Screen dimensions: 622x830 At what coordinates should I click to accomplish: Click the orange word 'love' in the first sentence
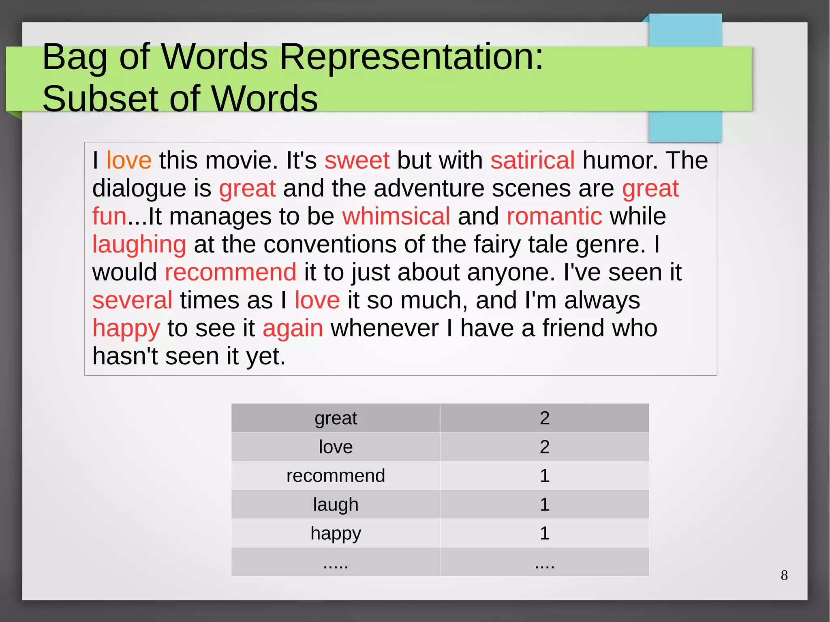pyautogui.click(x=129, y=160)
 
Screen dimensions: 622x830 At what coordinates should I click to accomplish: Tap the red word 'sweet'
pyautogui.click(x=357, y=160)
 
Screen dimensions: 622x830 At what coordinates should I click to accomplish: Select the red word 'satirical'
pyautogui.click(x=532, y=160)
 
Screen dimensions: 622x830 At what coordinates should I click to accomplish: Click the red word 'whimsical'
pyautogui.click(x=396, y=216)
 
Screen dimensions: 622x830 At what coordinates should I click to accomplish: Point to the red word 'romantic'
pyautogui.click(x=554, y=216)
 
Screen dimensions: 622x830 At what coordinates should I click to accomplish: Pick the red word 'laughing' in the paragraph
pyautogui.click(x=139, y=245)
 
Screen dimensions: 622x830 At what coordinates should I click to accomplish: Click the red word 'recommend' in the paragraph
pyautogui.click(x=230, y=272)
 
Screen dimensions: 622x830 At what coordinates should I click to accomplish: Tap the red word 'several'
pyautogui.click(x=132, y=300)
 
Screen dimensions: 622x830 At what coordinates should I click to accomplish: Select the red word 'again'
pyautogui.click(x=293, y=328)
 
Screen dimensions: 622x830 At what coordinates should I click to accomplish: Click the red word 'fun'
pyautogui.click(x=109, y=216)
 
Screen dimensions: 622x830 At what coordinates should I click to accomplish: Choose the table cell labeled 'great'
pyautogui.click(x=336, y=418)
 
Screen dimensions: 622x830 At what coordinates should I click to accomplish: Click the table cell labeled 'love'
pyautogui.click(x=336, y=447)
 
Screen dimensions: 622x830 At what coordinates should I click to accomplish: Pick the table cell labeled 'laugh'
pyautogui.click(x=336, y=504)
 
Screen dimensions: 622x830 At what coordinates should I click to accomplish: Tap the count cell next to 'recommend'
pyautogui.click(x=544, y=476)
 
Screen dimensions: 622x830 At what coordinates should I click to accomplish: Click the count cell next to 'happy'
pyautogui.click(x=544, y=533)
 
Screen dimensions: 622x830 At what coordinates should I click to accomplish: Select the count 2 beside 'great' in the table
pyautogui.click(x=544, y=418)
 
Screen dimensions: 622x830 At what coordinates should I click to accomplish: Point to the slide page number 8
pyautogui.click(x=784, y=575)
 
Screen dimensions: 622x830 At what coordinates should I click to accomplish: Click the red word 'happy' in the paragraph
pyautogui.click(x=126, y=328)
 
